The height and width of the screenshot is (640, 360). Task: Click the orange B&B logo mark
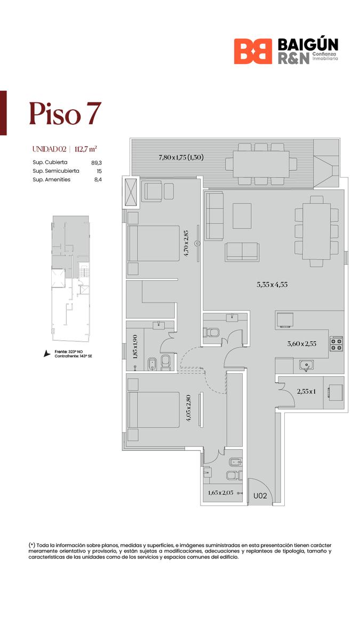(253, 51)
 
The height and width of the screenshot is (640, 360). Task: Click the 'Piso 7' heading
(65, 114)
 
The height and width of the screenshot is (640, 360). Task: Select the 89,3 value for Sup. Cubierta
(97, 163)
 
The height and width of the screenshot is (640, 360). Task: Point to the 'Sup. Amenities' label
(51, 179)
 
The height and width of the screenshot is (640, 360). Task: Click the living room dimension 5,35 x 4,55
(272, 285)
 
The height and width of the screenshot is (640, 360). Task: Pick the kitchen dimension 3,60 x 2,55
(302, 343)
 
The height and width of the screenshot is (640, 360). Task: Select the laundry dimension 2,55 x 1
(306, 391)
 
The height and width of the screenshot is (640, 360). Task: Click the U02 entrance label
(260, 495)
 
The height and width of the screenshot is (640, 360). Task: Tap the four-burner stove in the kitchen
(337, 343)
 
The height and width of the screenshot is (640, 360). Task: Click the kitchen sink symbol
(306, 365)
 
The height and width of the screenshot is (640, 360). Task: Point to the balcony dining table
(261, 164)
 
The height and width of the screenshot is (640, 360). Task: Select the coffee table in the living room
(242, 216)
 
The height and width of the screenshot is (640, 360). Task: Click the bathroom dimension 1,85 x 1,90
(135, 347)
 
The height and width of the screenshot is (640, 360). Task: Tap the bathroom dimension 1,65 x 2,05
(221, 493)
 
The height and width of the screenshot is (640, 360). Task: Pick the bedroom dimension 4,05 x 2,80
(188, 407)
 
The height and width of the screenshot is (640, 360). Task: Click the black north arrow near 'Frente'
(46, 354)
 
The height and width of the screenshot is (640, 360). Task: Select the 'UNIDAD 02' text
(50, 149)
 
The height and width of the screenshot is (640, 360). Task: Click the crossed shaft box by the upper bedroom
(131, 191)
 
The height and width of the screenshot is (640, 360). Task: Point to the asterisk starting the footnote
(31, 545)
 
